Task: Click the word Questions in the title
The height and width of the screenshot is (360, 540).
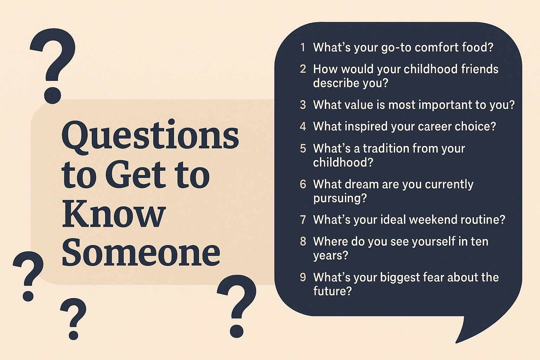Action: pos(150,135)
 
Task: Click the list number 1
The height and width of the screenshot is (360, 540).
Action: pos(303,47)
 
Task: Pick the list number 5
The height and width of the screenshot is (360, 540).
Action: pos(303,148)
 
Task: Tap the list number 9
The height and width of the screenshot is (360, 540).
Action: pos(303,277)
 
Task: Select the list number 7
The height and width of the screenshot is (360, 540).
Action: pos(303,220)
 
